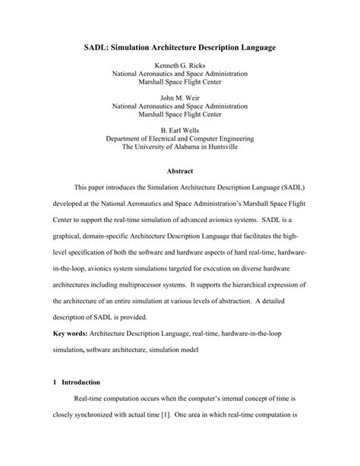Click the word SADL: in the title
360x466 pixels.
tap(98, 47)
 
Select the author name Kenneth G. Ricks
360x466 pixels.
tap(179, 66)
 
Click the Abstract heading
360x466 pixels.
tap(179, 171)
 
